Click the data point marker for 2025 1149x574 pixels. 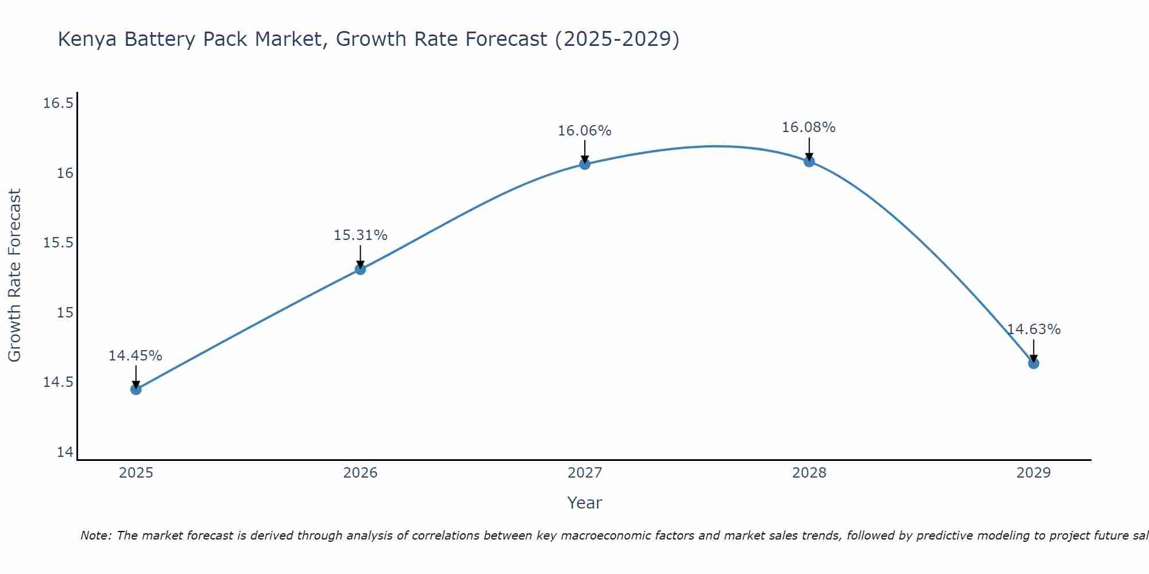pyautogui.click(x=136, y=389)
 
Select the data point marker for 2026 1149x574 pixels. pyautogui.click(x=360, y=269)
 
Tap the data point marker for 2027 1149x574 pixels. pyautogui.click(x=585, y=164)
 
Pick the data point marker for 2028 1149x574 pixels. pyautogui.click(x=809, y=161)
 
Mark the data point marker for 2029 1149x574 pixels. pyautogui.click(x=1034, y=363)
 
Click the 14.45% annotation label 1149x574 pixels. pyautogui.click(x=136, y=356)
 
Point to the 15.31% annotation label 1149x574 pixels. pyautogui.click(x=360, y=235)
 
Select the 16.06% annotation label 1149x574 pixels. pyautogui.click(x=585, y=131)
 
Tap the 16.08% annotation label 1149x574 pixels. pyautogui.click(x=809, y=127)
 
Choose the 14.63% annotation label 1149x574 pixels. pyautogui.click(x=1034, y=329)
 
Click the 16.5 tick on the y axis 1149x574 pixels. pyautogui.click(x=59, y=103)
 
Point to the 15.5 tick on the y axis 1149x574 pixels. pyautogui.click(x=59, y=243)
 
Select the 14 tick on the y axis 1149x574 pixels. pyautogui.click(x=65, y=452)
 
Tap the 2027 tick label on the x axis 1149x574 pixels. pyautogui.click(x=585, y=473)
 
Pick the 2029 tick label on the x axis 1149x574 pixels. pyautogui.click(x=1034, y=473)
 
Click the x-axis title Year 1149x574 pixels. pyautogui.click(x=585, y=503)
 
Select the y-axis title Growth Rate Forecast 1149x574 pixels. pyautogui.click(x=15, y=276)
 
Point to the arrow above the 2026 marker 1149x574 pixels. pyautogui.click(x=360, y=256)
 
